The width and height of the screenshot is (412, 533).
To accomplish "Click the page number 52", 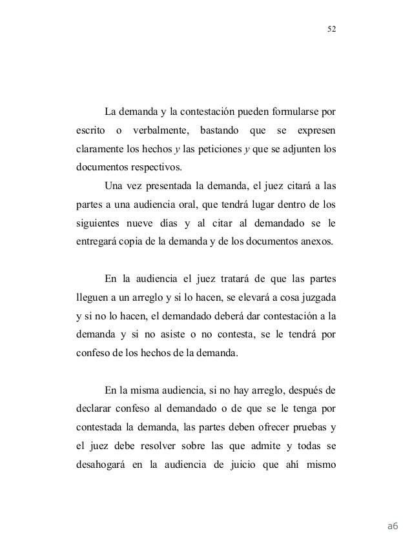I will coord(333,29).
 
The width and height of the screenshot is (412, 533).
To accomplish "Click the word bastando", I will coord(220,133).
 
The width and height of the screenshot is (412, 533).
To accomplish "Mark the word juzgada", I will coord(317,299).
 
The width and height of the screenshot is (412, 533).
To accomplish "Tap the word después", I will coord(304,391).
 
